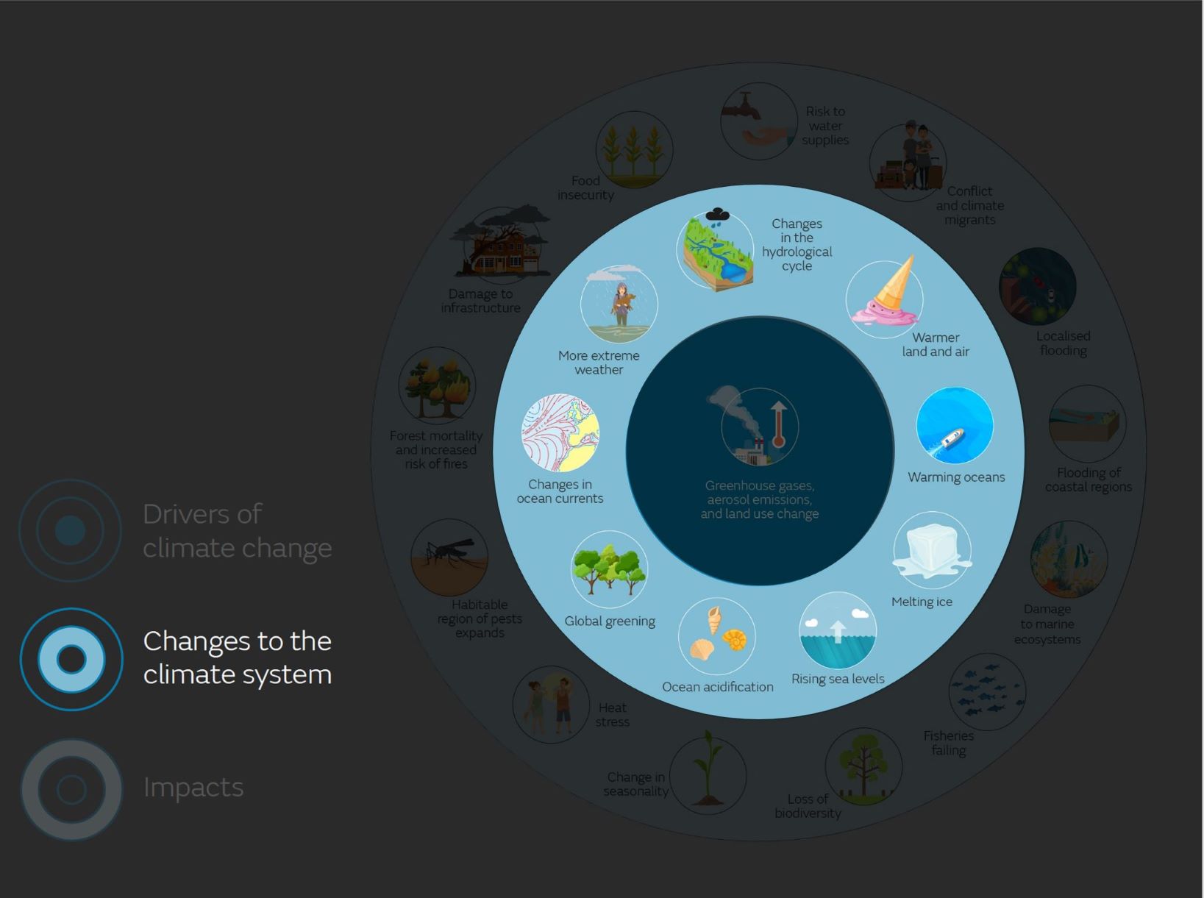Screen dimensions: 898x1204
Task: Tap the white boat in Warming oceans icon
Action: pyautogui.click(x=951, y=439)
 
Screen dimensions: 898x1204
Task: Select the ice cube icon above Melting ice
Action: pyautogui.click(x=932, y=549)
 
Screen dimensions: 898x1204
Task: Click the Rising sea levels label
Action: pyautogui.click(x=838, y=679)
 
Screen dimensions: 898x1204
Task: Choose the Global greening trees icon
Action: pyautogui.click(x=609, y=569)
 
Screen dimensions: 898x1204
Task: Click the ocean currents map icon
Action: pyautogui.click(x=560, y=433)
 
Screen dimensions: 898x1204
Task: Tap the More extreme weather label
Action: pyautogui.click(x=599, y=363)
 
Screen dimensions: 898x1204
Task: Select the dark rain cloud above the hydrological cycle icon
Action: pyautogui.click(x=717, y=215)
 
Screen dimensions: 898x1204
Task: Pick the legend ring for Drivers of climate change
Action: pyautogui.click(x=71, y=530)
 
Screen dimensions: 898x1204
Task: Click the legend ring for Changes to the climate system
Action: pyautogui.click(x=71, y=659)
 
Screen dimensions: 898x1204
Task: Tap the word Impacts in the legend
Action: pyautogui.click(x=193, y=787)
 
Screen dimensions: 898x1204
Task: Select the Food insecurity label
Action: pyautogui.click(x=585, y=188)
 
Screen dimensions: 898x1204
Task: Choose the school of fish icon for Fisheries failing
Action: pyautogui.click(x=986, y=691)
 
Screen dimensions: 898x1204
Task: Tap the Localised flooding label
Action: pyautogui.click(x=1063, y=343)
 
